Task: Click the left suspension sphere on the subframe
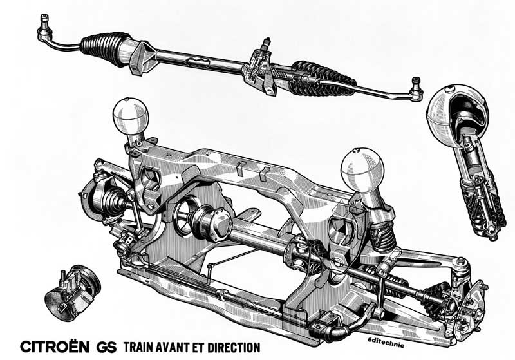[131, 117]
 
